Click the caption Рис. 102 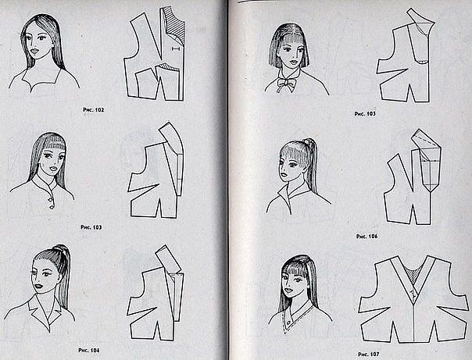pos(93,110)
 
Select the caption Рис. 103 pos(91,227)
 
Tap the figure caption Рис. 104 pos(89,350)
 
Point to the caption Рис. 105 pos(365,114)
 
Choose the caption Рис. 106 pos(367,237)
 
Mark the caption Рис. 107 pos(369,354)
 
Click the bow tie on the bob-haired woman pos(286,84)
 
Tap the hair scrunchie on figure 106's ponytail pos(308,141)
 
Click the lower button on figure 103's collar pos(52,206)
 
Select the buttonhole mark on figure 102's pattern pos(175,48)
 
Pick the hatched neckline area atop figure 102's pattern pos(176,26)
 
